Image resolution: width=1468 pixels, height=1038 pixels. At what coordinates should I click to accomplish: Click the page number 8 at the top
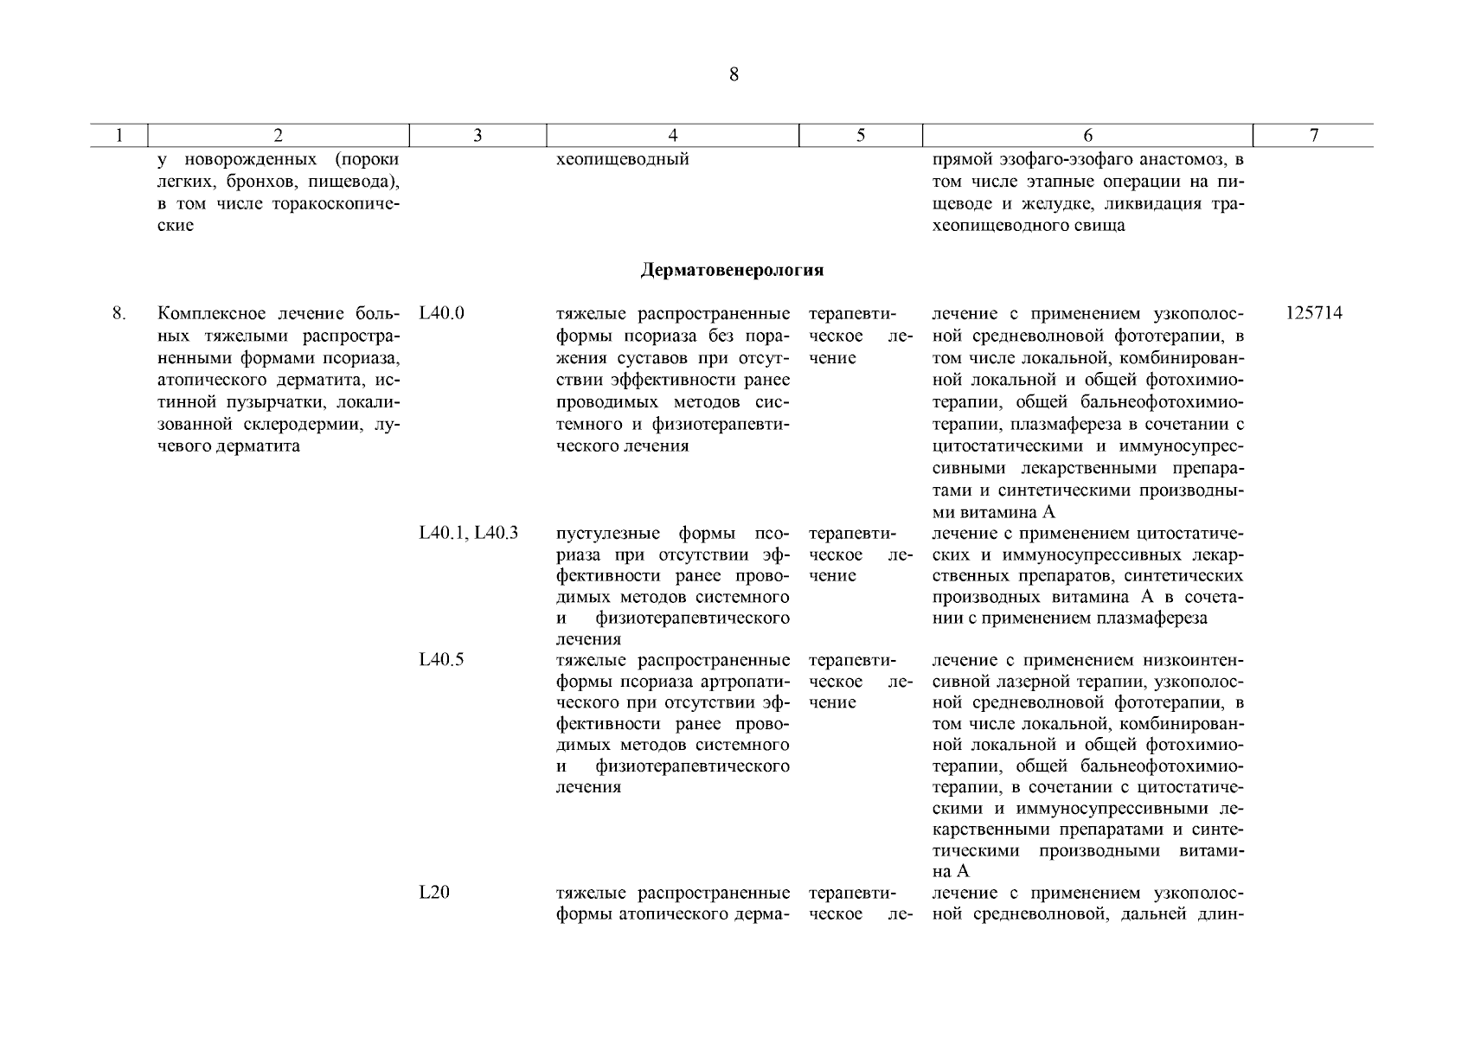pos(734,75)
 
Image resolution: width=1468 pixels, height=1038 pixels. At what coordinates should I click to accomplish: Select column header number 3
pos(478,136)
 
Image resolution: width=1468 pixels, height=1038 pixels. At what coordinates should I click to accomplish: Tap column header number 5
pos(861,136)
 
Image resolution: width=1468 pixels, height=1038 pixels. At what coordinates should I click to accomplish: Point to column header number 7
pos(1313,136)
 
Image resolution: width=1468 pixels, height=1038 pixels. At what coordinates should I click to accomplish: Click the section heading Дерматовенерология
pos(732,271)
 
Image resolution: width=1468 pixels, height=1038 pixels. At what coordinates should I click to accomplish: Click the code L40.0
pos(441,313)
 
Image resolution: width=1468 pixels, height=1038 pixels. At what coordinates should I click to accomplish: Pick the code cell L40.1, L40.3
pos(468,533)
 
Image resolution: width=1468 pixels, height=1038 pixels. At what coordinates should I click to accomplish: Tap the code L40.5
pos(441,660)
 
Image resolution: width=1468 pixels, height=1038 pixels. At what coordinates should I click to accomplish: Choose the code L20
pos(433,893)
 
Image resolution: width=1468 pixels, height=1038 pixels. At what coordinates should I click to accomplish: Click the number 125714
pos(1313,313)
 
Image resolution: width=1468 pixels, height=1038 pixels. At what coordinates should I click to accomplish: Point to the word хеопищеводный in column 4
pos(622,160)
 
